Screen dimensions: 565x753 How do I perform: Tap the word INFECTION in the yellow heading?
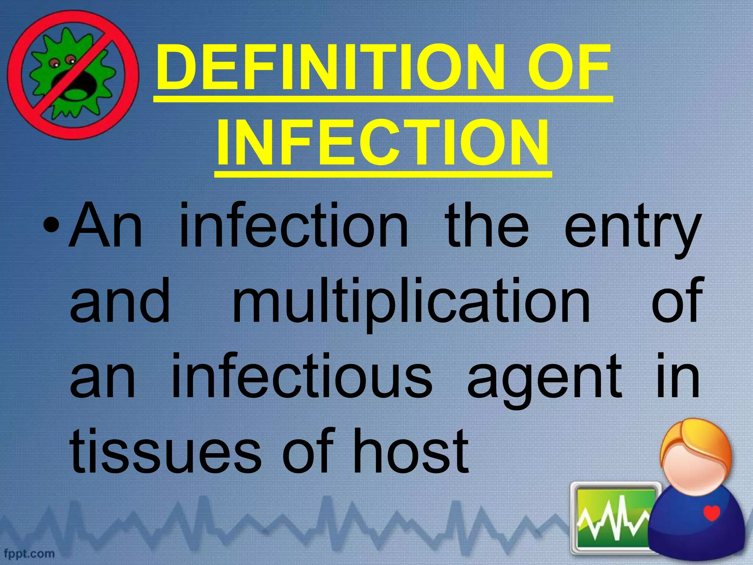(383, 143)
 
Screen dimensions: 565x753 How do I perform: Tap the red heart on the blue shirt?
(712, 513)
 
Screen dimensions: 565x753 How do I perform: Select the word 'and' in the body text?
(120, 302)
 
